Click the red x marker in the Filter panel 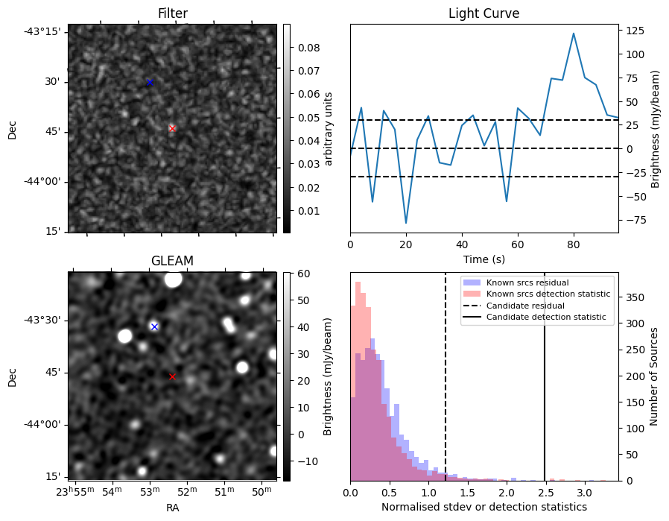[x=172, y=128]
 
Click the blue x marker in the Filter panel [x=150, y=82]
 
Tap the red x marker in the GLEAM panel [x=172, y=376]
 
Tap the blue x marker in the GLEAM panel [x=154, y=326]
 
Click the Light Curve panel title [x=483, y=13]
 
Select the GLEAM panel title [x=172, y=261]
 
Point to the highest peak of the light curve [x=574, y=34]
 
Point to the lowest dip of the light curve [x=406, y=223]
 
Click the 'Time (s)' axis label [x=483, y=259]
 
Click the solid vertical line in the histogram [x=545, y=388]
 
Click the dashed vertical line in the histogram [x=446, y=388]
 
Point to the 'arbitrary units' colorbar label [x=328, y=128]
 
